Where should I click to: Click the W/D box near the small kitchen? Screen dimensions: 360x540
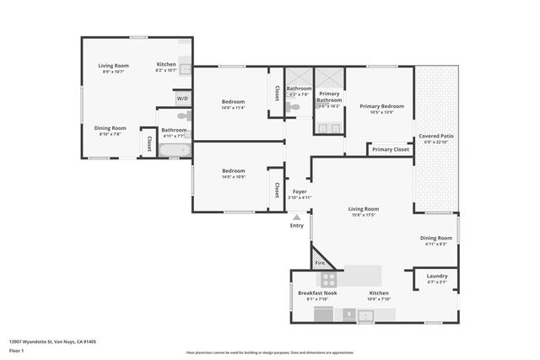183,99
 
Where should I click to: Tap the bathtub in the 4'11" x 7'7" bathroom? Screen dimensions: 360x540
175,151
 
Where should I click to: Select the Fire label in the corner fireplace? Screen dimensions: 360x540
320,263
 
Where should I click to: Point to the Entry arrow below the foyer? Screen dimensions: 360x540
296,218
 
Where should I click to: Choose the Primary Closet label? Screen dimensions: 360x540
390,149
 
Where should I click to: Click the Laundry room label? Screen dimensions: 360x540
437,276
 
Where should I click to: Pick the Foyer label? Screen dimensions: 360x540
300,191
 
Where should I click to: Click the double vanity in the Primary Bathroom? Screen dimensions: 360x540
330,129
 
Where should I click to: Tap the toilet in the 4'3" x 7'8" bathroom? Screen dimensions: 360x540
293,108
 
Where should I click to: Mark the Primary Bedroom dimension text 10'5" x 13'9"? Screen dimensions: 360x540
382,112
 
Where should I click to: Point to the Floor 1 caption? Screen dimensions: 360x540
17,350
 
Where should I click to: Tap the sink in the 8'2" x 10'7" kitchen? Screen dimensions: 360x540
186,70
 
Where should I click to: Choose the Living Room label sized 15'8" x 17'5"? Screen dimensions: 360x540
364,208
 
